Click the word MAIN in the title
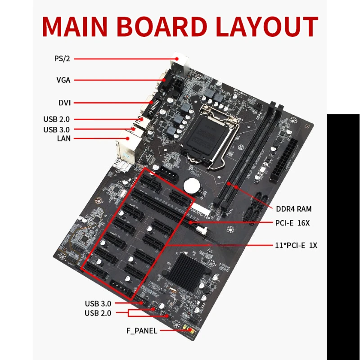coord(75,27)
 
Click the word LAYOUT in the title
coord(267,27)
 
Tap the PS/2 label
coord(62,58)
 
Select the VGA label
coord(63,80)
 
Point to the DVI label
coord(64,103)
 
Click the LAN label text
coord(64,139)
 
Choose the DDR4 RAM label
coord(294,209)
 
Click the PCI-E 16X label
coord(292,223)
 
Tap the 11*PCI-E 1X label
coord(296,245)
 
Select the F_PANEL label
coord(142,331)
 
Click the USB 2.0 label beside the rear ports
coord(57,119)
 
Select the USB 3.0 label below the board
coord(98,303)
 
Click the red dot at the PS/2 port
coord(176,59)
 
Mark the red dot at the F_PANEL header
coord(190,330)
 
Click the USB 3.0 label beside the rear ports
coord(57,130)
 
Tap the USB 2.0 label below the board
coord(98,313)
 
